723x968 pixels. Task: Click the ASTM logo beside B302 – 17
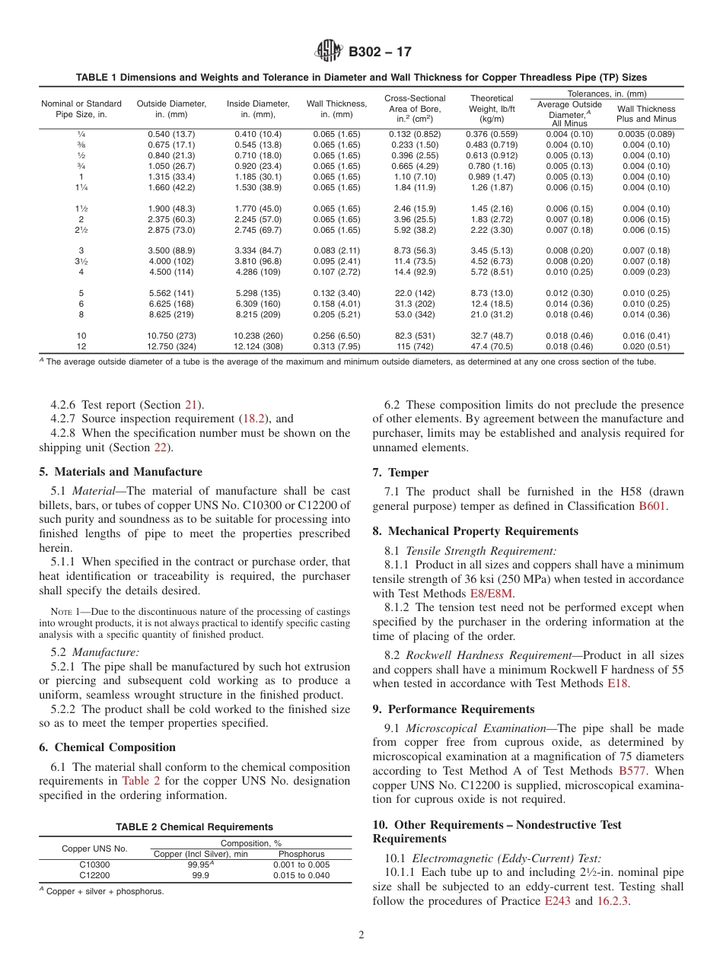point(329,52)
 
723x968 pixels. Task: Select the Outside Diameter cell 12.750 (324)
point(170,346)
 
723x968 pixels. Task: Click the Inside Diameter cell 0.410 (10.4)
point(258,134)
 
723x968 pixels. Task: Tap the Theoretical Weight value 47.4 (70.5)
point(492,346)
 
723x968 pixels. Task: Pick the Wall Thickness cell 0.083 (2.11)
point(336,250)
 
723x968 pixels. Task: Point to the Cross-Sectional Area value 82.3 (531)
point(415,336)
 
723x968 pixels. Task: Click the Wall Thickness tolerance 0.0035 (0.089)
point(646,134)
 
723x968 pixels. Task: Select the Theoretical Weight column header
point(492,109)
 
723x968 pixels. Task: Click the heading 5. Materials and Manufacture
point(120,472)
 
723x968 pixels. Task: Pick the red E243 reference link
point(557,901)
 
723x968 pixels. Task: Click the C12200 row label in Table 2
point(94,875)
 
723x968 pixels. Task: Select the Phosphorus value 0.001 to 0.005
point(301,865)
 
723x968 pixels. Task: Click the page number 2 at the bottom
point(361,935)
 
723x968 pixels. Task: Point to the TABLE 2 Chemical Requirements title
point(194,826)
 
